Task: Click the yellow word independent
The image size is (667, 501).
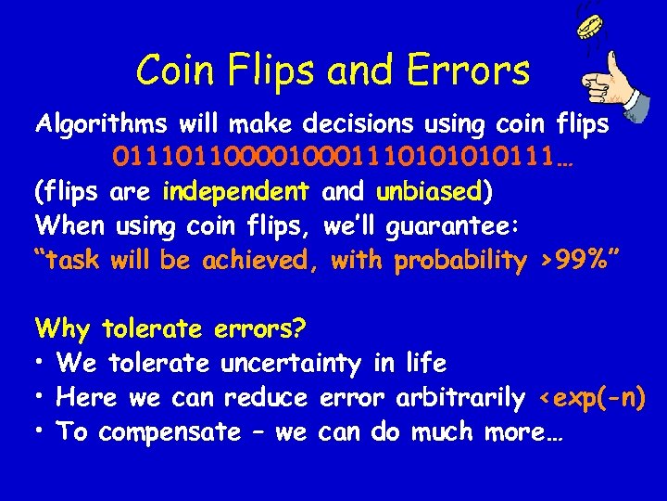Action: (234, 193)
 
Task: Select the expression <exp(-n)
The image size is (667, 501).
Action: (591, 399)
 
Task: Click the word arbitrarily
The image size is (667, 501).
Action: (459, 399)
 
